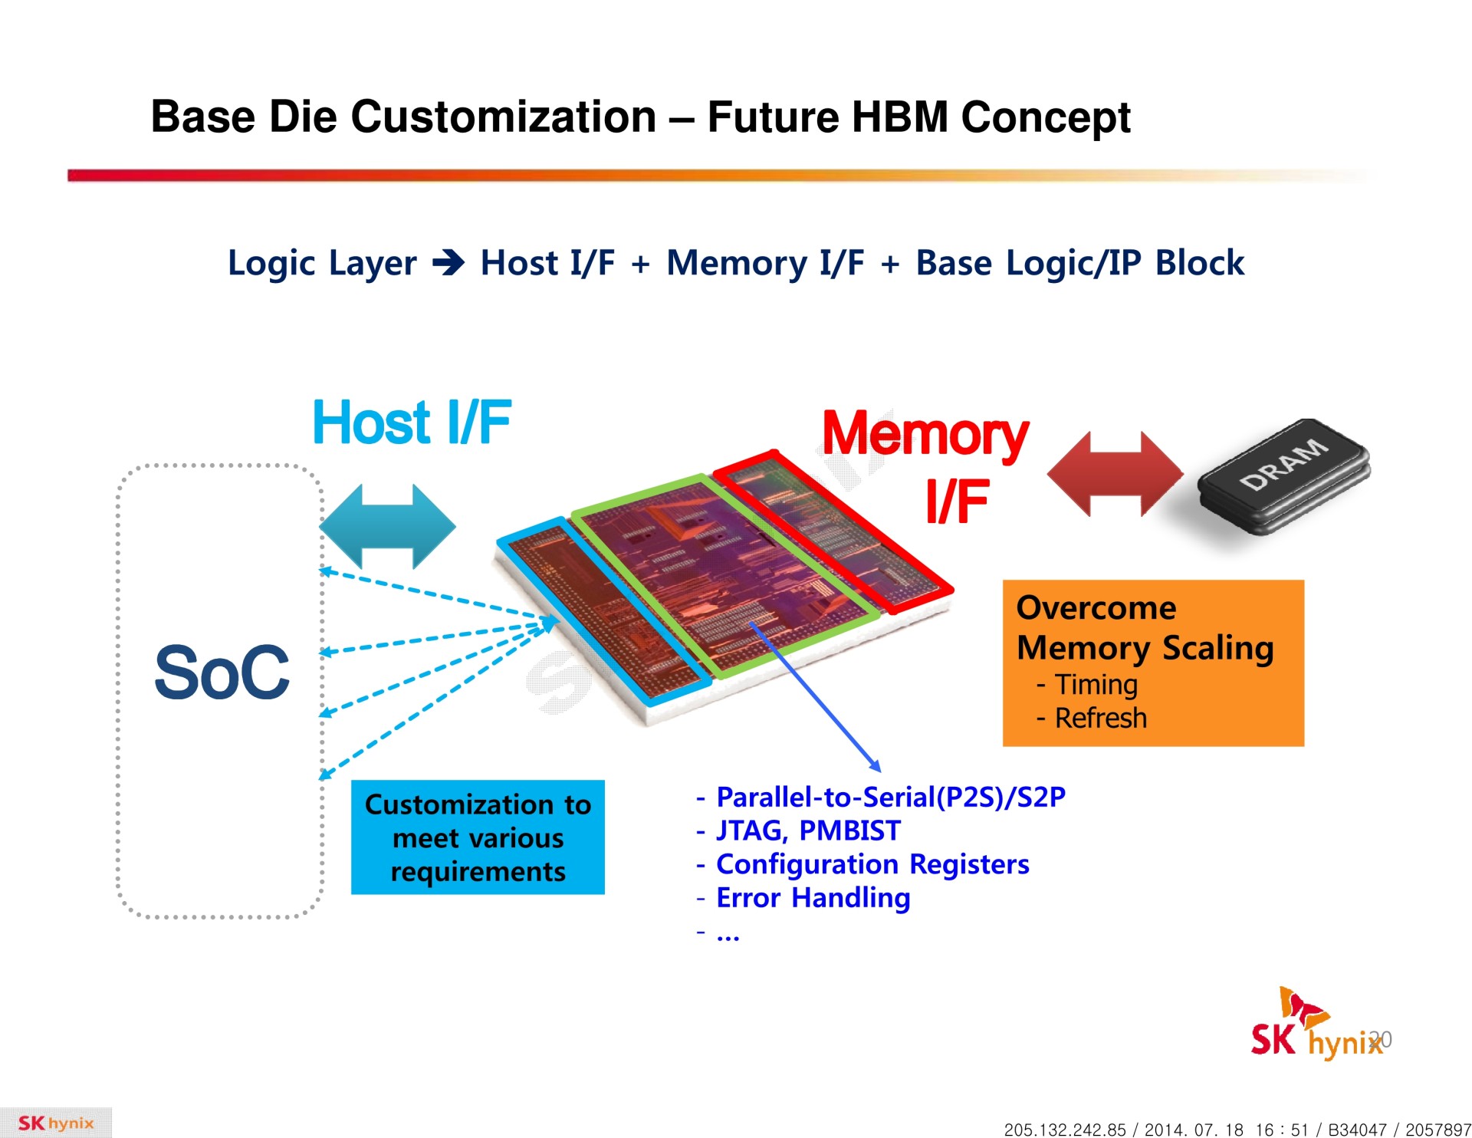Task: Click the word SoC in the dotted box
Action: (x=222, y=673)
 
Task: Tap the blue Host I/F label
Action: (x=412, y=423)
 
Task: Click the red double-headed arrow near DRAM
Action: (x=1115, y=474)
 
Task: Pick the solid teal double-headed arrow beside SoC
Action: (x=387, y=527)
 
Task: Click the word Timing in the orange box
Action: (x=1096, y=685)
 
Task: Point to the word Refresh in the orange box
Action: (x=1100, y=719)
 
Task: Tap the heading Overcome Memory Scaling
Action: (x=1144, y=628)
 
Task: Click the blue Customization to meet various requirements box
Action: (x=478, y=837)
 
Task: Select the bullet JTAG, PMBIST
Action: (x=807, y=830)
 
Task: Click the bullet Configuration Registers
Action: (x=872, y=864)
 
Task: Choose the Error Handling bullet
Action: (x=813, y=898)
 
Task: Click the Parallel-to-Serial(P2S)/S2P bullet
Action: (x=890, y=798)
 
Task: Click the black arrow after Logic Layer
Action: (x=449, y=264)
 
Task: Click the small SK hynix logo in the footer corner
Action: (x=55, y=1123)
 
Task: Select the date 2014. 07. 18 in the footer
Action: (x=1194, y=1130)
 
